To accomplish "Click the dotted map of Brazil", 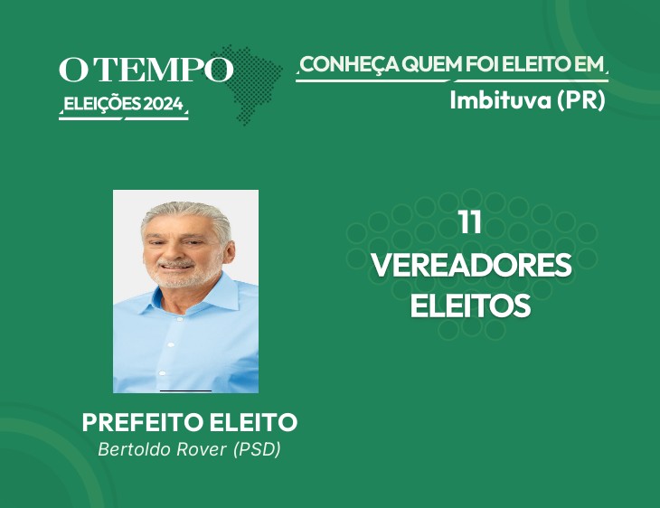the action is click(x=249, y=84).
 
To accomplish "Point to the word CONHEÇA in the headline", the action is click(x=350, y=65).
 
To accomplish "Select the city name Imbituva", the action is click(x=501, y=100).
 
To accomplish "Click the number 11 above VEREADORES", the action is click(x=470, y=222).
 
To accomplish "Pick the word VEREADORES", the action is click(x=471, y=265).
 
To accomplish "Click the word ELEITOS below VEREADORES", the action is click(x=470, y=306).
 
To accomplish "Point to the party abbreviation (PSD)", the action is click(x=257, y=449).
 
